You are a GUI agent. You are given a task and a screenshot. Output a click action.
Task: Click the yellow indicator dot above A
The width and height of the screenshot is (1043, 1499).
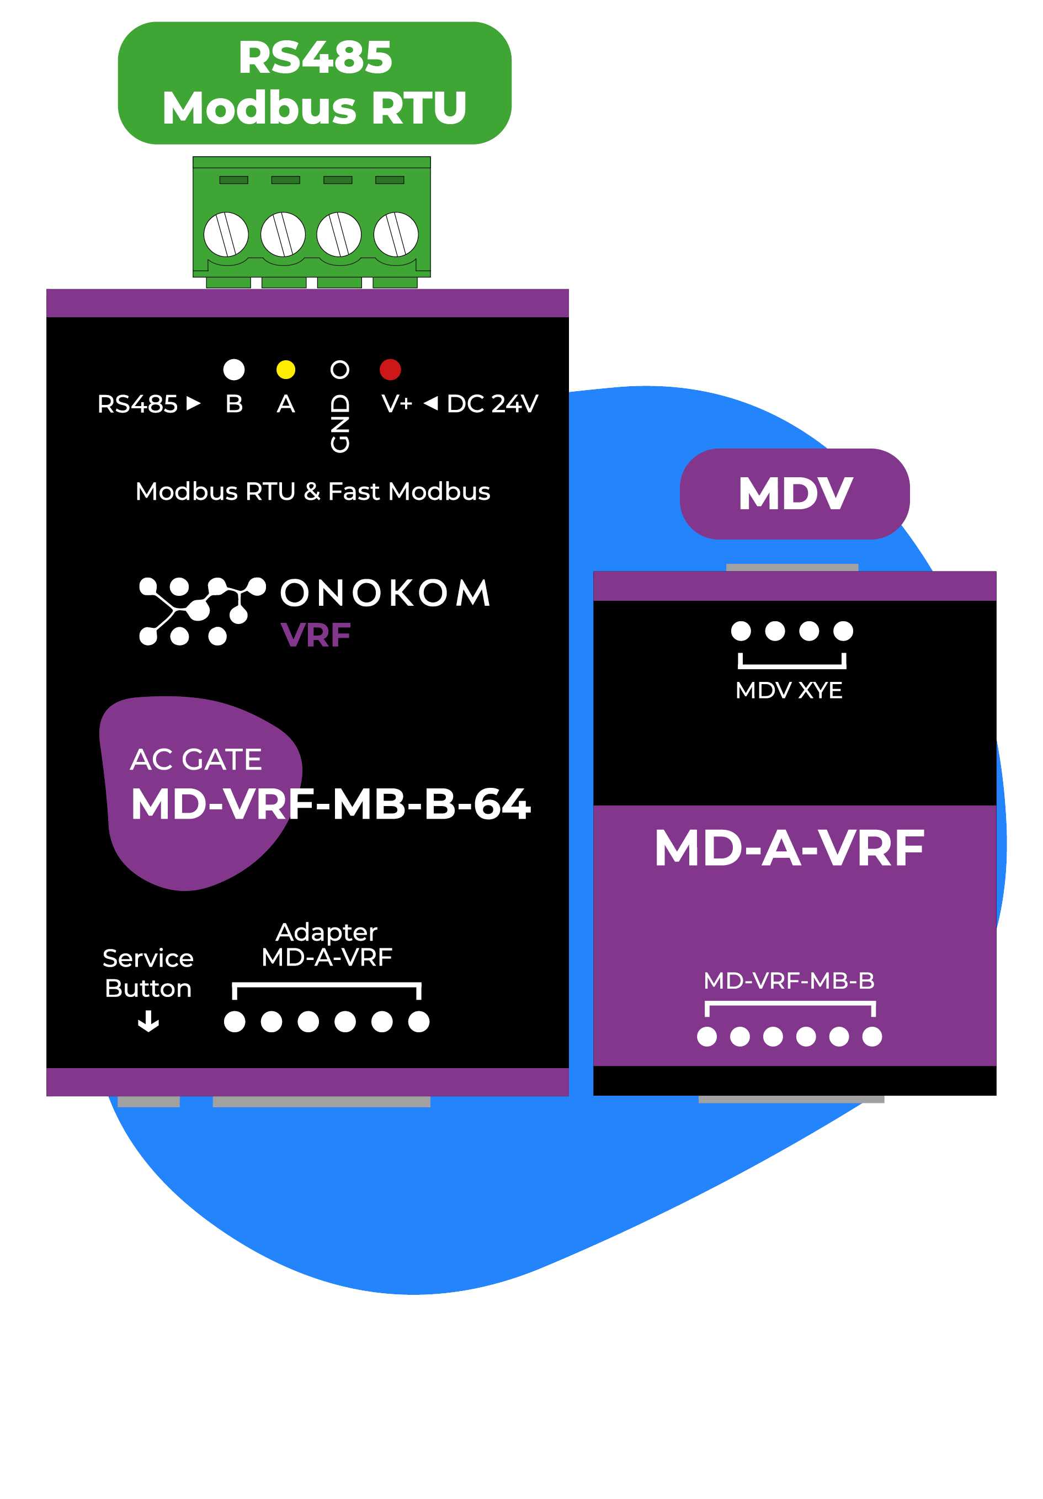[x=285, y=370]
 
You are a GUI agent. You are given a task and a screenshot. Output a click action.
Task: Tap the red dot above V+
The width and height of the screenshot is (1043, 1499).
[x=390, y=370]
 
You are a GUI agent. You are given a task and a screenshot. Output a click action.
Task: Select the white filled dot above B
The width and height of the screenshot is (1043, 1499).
[x=234, y=370]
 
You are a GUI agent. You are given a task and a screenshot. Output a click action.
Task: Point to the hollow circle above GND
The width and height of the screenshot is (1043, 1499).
[x=339, y=370]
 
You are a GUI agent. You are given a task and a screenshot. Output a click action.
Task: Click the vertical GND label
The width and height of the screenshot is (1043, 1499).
[x=339, y=424]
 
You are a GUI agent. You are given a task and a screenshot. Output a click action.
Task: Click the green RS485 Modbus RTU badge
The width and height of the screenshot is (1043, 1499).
[x=314, y=83]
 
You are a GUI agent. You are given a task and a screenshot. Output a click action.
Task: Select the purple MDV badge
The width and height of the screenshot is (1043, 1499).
[x=794, y=494]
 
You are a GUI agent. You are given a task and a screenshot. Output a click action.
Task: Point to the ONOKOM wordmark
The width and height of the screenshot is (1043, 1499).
[x=385, y=593]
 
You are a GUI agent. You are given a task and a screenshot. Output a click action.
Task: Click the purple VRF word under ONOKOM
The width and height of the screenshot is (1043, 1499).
[x=316, y=634]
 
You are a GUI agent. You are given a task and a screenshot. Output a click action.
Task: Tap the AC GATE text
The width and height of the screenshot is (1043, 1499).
[x=196, y=759]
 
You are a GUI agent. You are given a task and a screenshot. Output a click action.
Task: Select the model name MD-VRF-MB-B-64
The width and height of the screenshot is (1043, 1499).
[x=331, y=804]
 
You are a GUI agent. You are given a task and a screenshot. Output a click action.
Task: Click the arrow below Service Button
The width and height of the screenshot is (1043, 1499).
[x=148, y=1021]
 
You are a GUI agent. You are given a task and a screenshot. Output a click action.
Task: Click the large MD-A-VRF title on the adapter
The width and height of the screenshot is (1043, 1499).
[x=789, y=848]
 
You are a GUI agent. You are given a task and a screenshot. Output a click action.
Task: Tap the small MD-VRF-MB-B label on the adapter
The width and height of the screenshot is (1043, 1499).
[x=789, y=980]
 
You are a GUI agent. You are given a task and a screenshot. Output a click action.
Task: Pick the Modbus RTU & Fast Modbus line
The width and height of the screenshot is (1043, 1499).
[x=313, y=492]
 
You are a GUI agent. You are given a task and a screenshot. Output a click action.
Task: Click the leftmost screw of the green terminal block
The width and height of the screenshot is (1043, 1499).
[x=226, y=234]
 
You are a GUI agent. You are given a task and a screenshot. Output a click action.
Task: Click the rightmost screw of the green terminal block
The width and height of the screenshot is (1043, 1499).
[x=396, y=234]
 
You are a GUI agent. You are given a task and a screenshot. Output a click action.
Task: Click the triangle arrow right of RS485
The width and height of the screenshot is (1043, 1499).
[x=193, y=403]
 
